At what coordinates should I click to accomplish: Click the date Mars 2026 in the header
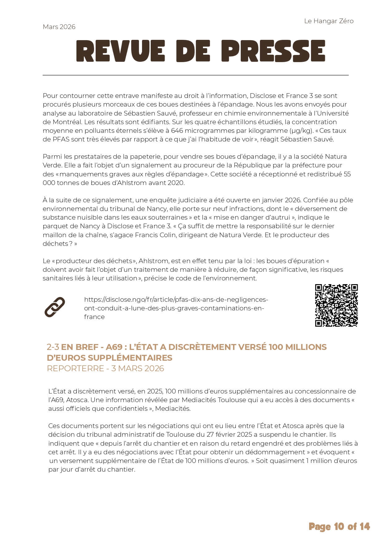point(59,27)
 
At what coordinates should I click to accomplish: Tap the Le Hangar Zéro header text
point(329,21)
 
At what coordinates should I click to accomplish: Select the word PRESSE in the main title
point(273,51)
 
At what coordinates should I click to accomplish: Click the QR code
point(336,305)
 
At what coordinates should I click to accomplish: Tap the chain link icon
point(55,307)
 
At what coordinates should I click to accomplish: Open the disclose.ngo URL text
point(176,308)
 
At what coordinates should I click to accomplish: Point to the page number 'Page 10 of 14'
point(339,526)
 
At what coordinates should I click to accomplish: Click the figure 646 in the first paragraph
point(177,131)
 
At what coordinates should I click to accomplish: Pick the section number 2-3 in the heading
point(53,347)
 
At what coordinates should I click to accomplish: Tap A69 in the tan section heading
point(114,347)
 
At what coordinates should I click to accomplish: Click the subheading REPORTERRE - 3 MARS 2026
point(105,368)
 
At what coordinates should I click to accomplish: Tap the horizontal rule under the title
point(196,75)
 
